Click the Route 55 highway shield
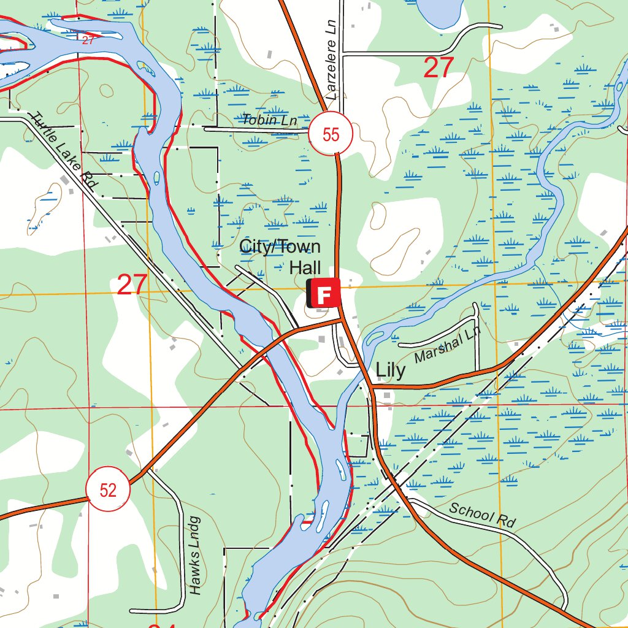[x=331, y=134]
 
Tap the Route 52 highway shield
[x=108, y=490]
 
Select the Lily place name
[x=391, y=370]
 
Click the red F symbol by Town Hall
[x=326, y=293]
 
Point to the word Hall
[x=305, y=267]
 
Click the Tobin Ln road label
[x=269, y=120]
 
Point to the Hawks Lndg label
[x=195, y=555]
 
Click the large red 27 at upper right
[x=438, y=67]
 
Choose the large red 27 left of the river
[x=132, y=285]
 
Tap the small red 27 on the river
[x=88, y=40]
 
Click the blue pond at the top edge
[x=439, y=9]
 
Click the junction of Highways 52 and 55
[x=342, y=319]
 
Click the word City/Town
[x=280, y=247]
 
